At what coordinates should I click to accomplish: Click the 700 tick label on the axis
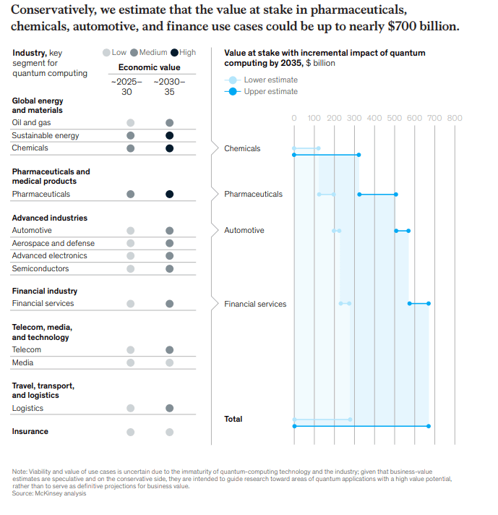pos(434,118)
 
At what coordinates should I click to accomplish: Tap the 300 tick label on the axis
pos(354,118)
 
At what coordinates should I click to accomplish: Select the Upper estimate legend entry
pos(270,92)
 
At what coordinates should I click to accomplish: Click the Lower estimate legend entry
pos(270,80)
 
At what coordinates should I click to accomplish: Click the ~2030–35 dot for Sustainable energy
pos(169,135)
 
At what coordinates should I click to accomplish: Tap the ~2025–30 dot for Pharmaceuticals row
pos(131,194)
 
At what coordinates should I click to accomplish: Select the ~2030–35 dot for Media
pos(169,362)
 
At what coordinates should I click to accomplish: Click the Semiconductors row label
pos(40,268)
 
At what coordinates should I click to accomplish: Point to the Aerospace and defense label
pos(53,243)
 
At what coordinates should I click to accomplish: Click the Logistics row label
pos(27,408)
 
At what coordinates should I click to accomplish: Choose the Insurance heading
pos(30,431)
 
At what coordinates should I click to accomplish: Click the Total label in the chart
pos(233,419)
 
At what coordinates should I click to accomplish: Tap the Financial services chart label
pos(255,304)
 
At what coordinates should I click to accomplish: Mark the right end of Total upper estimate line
pos(429,426)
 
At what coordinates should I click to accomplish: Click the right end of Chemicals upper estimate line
pos(359,155)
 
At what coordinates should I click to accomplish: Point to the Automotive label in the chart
pos(244,230)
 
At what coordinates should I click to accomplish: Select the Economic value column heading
pos(150,67)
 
